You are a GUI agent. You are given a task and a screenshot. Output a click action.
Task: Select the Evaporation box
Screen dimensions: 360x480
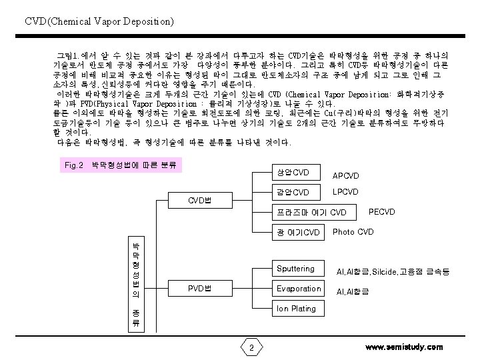(x=299, y=289)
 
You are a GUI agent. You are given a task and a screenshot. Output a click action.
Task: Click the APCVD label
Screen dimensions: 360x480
(x=346, y=176)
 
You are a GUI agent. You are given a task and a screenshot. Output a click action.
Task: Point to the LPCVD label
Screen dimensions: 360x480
(x=346, y=192)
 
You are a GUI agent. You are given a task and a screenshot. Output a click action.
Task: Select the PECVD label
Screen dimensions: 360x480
(x=382, y=212)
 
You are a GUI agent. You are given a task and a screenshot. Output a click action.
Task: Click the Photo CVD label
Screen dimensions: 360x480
(x=353, y=232)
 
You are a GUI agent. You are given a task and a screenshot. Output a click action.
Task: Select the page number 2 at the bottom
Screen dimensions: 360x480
(x=251, y=348)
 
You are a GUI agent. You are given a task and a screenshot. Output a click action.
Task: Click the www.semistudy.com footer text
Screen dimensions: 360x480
(x=404, y=347)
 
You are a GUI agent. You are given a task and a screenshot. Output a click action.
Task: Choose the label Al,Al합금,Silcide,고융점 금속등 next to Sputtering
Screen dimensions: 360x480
(x=393, y=271)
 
